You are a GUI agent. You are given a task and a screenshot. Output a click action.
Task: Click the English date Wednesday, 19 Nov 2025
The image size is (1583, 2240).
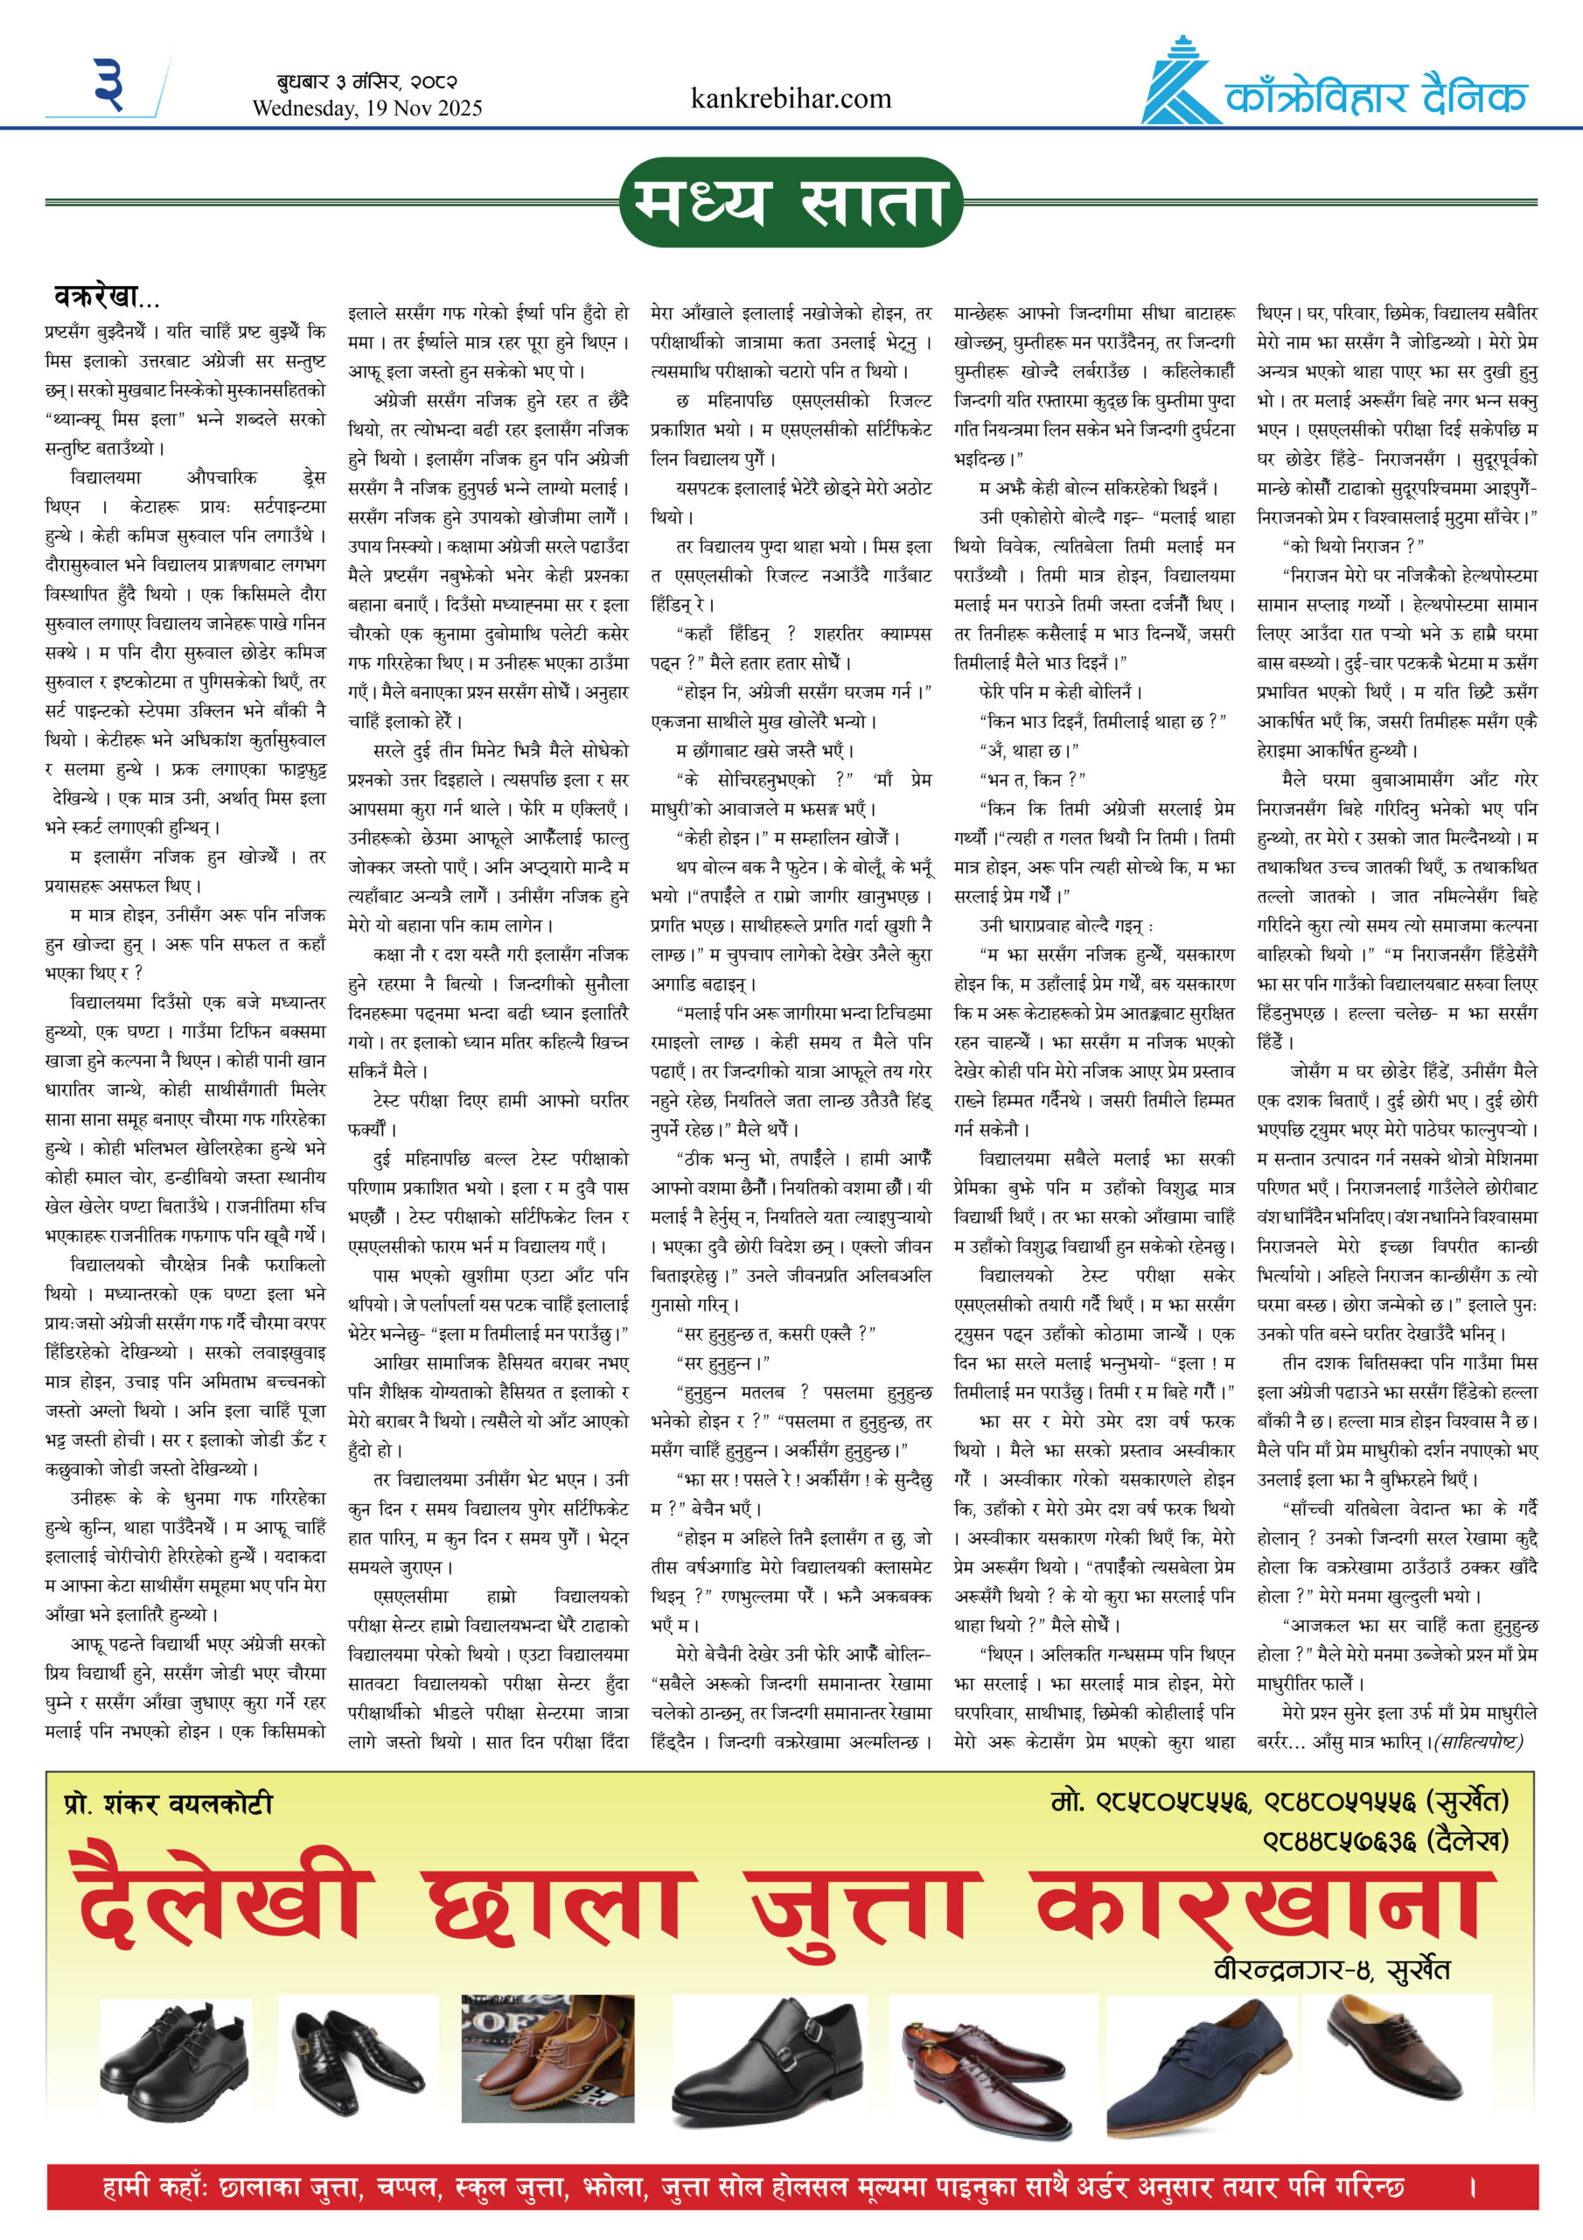click(x=366, y=108)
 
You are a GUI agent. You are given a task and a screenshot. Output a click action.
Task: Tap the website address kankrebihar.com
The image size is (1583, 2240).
click(x=790, y=99)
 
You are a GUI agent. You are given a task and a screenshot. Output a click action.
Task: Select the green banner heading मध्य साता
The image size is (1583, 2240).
click(x=791, y=202)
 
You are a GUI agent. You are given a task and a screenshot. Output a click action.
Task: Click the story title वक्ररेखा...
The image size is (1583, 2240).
click(x=105, y=296)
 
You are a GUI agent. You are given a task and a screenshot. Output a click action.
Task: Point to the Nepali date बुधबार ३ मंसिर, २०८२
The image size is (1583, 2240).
click(x=366, y=82)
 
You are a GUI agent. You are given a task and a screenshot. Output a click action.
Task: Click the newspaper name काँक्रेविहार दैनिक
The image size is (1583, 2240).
click(x=1375, y=99)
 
